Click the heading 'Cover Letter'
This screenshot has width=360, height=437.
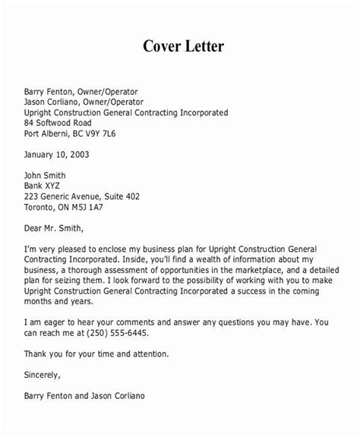[x=180, y=46]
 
